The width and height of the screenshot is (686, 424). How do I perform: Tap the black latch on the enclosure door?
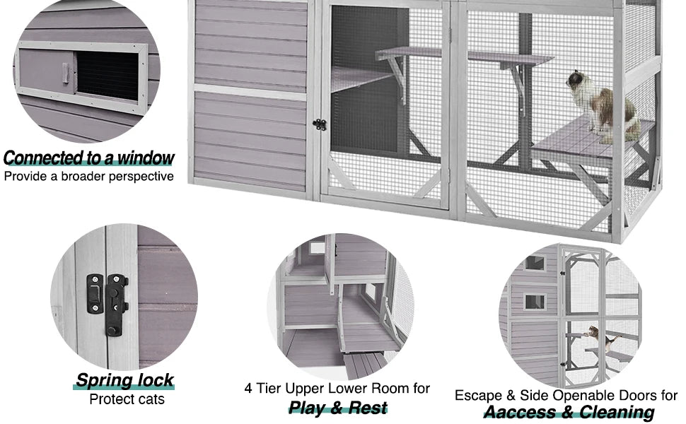click(320, 124)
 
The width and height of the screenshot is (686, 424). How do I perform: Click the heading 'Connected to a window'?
click(88, 157)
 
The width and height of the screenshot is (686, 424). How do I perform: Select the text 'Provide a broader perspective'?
click(88, 176)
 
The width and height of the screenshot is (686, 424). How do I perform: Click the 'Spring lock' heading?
click(124, 380)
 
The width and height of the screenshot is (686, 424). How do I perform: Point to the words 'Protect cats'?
click(127, 399)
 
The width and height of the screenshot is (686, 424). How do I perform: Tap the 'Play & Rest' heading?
click(338, 408)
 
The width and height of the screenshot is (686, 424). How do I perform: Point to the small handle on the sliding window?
click(65, 71)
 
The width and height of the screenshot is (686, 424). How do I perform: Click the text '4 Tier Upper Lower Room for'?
click(337, 389)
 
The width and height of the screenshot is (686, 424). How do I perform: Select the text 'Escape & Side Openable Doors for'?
click(566, 395)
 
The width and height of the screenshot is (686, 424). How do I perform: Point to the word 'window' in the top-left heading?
click(144, 157)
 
